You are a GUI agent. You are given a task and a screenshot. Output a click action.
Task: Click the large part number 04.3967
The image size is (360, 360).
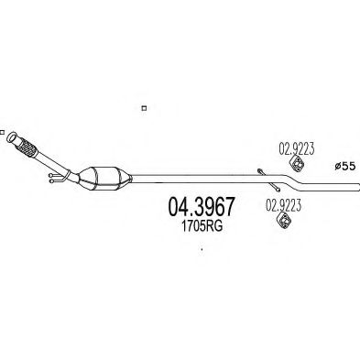click(x=201, y=206)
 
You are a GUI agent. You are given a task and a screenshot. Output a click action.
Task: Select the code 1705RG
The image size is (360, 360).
click(x=202, y=226)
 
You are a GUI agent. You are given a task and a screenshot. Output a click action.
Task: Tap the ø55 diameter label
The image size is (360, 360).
click(x=344, y=166)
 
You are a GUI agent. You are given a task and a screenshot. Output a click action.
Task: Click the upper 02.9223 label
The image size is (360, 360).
click(x=297, y=148)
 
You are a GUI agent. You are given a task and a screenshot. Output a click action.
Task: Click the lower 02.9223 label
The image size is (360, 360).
click(x=284, y=205)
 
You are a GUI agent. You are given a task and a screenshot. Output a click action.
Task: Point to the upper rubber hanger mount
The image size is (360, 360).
click(x=297, y=162)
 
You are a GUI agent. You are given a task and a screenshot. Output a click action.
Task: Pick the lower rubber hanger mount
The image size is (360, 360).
click(x=284, y=220)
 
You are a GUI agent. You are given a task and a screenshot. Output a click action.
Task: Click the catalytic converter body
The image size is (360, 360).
click(x=104, y=179)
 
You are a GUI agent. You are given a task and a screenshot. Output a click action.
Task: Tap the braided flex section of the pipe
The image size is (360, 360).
click(x=27, y=147)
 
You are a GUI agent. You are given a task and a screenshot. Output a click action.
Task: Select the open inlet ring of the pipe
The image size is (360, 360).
click(x=12, y=137)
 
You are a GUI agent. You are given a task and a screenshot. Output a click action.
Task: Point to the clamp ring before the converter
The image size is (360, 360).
click(x=68, y=176)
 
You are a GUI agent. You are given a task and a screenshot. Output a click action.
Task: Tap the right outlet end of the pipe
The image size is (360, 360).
click(x=357, y=187)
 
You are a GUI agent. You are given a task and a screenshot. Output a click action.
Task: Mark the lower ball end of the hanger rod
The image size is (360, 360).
click(x=278, y=190)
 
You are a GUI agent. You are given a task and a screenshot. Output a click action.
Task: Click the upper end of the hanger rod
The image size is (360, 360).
click(x=259, y=170)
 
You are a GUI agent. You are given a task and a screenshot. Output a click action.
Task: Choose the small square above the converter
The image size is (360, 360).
click(x=144, y=108)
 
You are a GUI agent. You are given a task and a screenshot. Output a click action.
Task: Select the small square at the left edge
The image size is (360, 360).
click(x=2, y=133)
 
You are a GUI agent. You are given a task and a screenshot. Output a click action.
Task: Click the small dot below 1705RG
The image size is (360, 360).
click(x=202, y=249)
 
